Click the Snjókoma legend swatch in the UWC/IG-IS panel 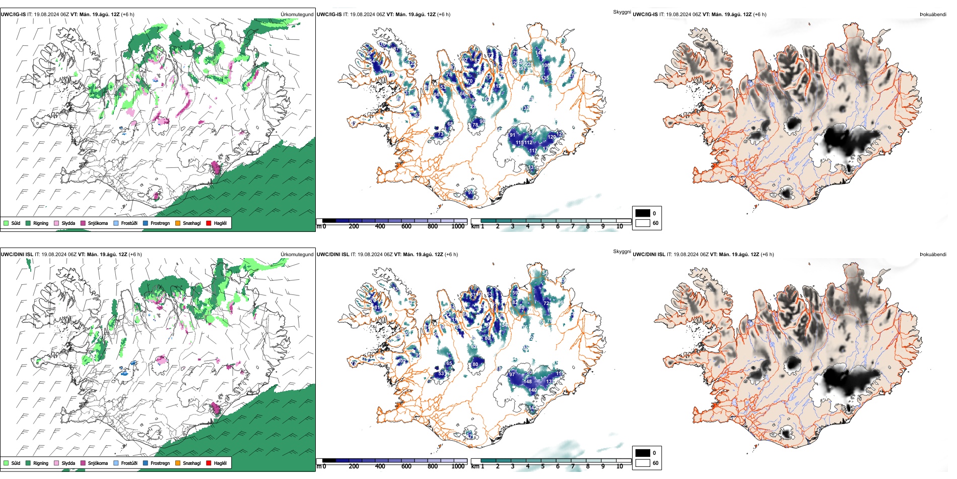pyautogui.click(x=83, y=223)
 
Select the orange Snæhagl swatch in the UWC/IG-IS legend pyautogui.click(x=178, y=223)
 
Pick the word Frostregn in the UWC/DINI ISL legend pyautogui.click(x=160, y=463)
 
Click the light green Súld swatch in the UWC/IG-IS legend pyautogui.click(x=6, y=223)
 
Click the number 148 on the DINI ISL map pyautogui.click(x=527, y=382)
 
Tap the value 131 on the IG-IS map pyautogui.click(x=532, y=167)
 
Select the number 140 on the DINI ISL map pyautogui.click(x=532, y=390)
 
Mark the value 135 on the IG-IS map pyautogui.click(x=544, y=78)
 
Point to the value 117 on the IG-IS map pyautogui.click(x=533, y=151)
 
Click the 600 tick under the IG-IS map pyautogui.click(x=406, y=226)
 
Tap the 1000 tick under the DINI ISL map pyautogui.click(x=458, y=466)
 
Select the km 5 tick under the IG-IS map pyautogui.click(x=542, y=226)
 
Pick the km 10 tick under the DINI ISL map pyautogui.click(x=620, y=466)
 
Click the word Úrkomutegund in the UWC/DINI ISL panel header pyautogui.click(x=297, y=254)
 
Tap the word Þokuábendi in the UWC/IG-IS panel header pyautogui.click(x=933, y=14)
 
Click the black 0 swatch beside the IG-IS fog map pyautogui.click(x=643, y=213)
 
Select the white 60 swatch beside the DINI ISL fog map pyautogui.click(x=643, y=463)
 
